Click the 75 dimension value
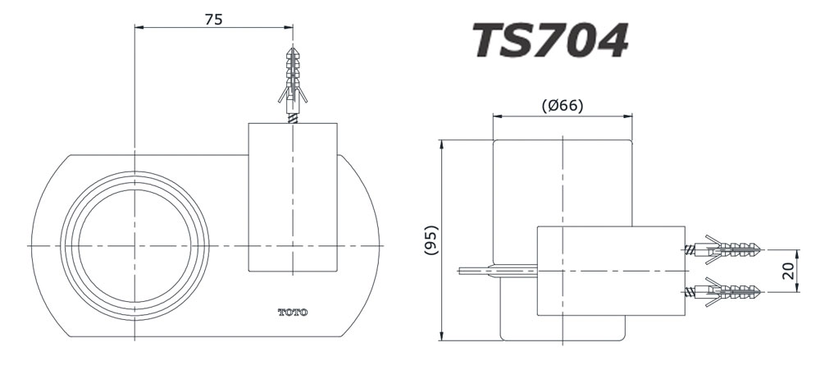pyautogui.click(x=213, y=19)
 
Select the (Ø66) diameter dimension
pyautogui.click(x=563, y=105)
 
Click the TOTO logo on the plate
pyautogui.click(x=293, y=312)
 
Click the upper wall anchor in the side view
pyautogui.click(x=726, y=249)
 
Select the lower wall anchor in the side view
pyautogui.click(x=726, y=290)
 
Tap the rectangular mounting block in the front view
pyautogui.click(x=292, y=197)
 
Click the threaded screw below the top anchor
pyautogui.click(x=293, y=117)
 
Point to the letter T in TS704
pyautogui.click(x=490, y=39)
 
